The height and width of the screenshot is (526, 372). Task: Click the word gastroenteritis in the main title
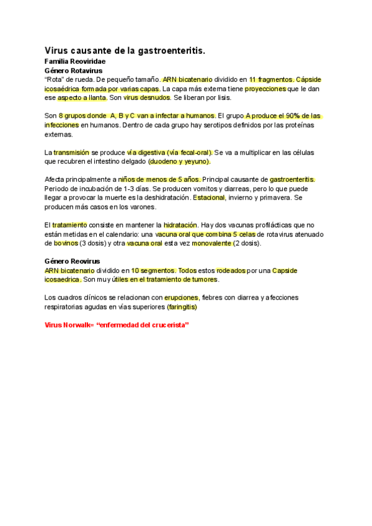[167, 50]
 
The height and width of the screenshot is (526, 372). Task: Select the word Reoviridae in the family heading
[87, 62]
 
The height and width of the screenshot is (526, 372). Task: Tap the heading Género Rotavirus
[69, 71]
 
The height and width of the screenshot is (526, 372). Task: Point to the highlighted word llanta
[95, 98]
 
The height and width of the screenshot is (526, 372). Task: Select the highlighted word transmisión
[71, 152]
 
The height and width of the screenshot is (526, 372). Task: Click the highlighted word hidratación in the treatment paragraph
[180, 225]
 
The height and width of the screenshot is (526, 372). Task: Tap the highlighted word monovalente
[210, 243]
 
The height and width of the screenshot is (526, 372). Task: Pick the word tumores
[202, 279]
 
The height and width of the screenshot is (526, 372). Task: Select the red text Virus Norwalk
[67, 325]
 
